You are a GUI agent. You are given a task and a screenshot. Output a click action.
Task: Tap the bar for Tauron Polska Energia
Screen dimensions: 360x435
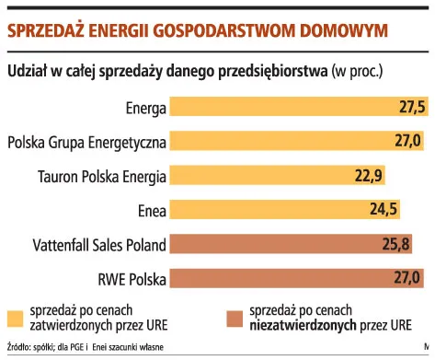pos(280,175)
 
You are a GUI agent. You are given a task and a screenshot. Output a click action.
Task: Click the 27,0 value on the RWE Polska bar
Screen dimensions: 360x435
pos(406,277)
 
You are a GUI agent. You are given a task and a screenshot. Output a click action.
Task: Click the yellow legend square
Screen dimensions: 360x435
pos(15,317)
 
